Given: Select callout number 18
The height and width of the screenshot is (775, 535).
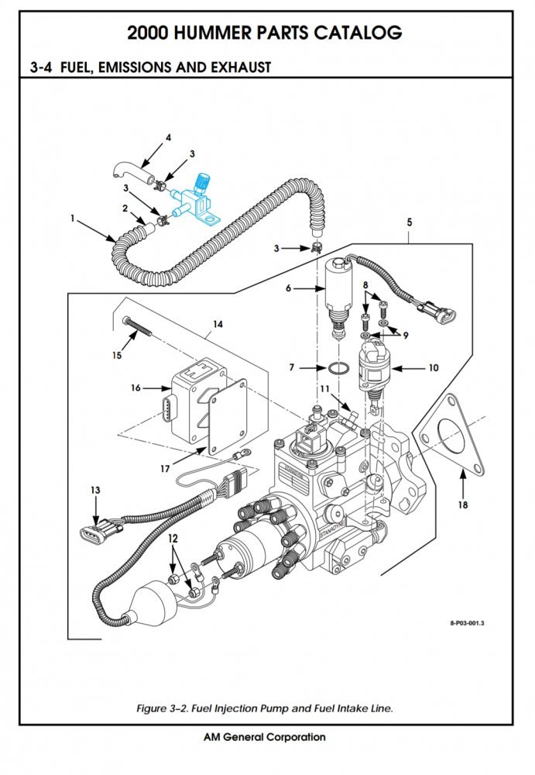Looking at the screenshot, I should pyautogui.click(x=463, y=506).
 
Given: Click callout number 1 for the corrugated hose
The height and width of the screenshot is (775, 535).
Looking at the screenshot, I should pyautogui.click(x=73, y=219).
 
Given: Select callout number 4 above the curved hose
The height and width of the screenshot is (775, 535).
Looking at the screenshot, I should pyautogui.click(x=167, y=138).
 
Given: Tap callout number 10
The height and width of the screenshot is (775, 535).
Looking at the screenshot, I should pyautogui.click(x=434, y=367).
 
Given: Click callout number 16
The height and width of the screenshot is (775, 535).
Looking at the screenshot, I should pyautogui.click(x=136, y=387).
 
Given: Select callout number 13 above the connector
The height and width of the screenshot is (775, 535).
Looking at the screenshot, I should pyautogui.click(x=95, y=491).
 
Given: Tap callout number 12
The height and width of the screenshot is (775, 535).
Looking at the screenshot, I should pyautogui.click(x=173, y=538).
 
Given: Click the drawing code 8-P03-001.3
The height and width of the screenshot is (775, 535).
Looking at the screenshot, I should pyautogui.click(x=472, y=622).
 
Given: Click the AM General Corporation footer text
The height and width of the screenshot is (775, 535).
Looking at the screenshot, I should pyautogui.click(x=264, y=737).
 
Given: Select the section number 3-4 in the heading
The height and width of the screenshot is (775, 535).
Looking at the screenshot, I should pyautogui.click(x=40, y=67).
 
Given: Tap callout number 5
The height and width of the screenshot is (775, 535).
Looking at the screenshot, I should pyautogui.click(x=410, y=222).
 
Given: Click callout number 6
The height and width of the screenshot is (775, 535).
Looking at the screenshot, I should pyautogui.click(x=289, y=288).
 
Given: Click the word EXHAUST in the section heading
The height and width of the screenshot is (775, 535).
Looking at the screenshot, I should pyautogui.click(x=240, y=67).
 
